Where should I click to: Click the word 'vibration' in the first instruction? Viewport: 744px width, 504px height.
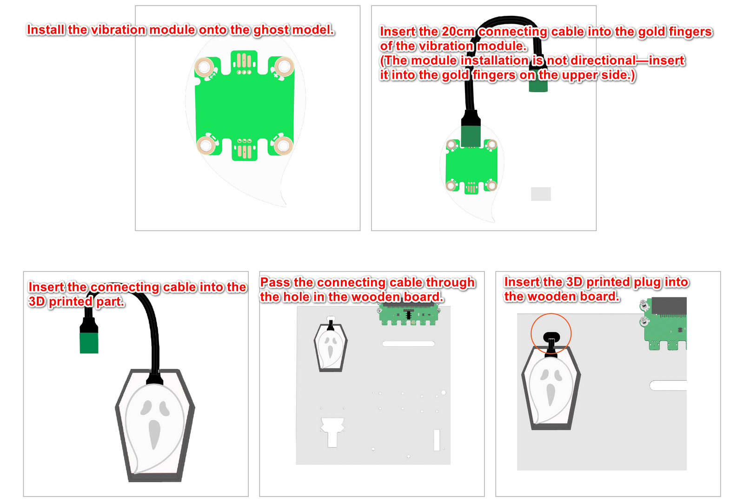click(x=118, y=30)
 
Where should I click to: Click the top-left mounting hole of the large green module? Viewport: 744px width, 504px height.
click(x=204, y=67)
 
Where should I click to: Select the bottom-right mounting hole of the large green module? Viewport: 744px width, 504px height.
click(x=283, y=146)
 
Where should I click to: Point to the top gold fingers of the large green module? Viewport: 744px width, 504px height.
click(x=244, y=60)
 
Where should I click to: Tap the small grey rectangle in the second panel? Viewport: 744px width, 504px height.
click(x=541, y=194)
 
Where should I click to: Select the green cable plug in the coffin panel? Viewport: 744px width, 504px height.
click(x=89, y=343)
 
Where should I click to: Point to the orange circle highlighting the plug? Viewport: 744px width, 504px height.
click(x=551, y=334)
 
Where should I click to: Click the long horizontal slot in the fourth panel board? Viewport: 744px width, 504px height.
click(x=409, y=344)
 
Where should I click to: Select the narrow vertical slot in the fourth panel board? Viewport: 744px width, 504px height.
click(x=437, y=440)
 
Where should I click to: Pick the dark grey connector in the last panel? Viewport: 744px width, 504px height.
click(x=669, y=306)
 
